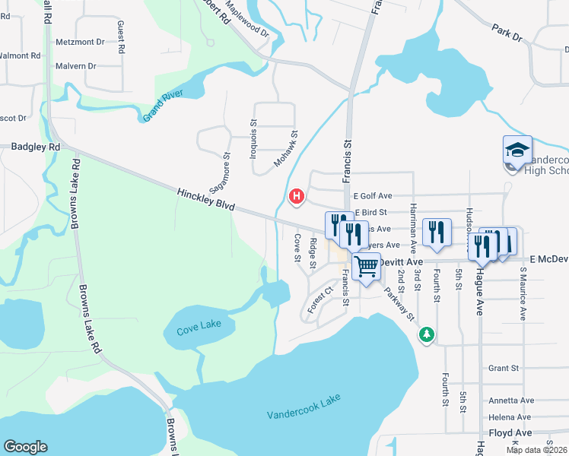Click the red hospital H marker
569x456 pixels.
click(297, 198)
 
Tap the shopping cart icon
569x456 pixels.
click(366, 267)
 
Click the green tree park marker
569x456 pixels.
click(428, 334)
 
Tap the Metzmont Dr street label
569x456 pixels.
click(80, 43)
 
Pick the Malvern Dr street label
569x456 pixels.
click(76, 66)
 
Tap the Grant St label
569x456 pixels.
click(504, 368)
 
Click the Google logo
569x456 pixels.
click(26, 447)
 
